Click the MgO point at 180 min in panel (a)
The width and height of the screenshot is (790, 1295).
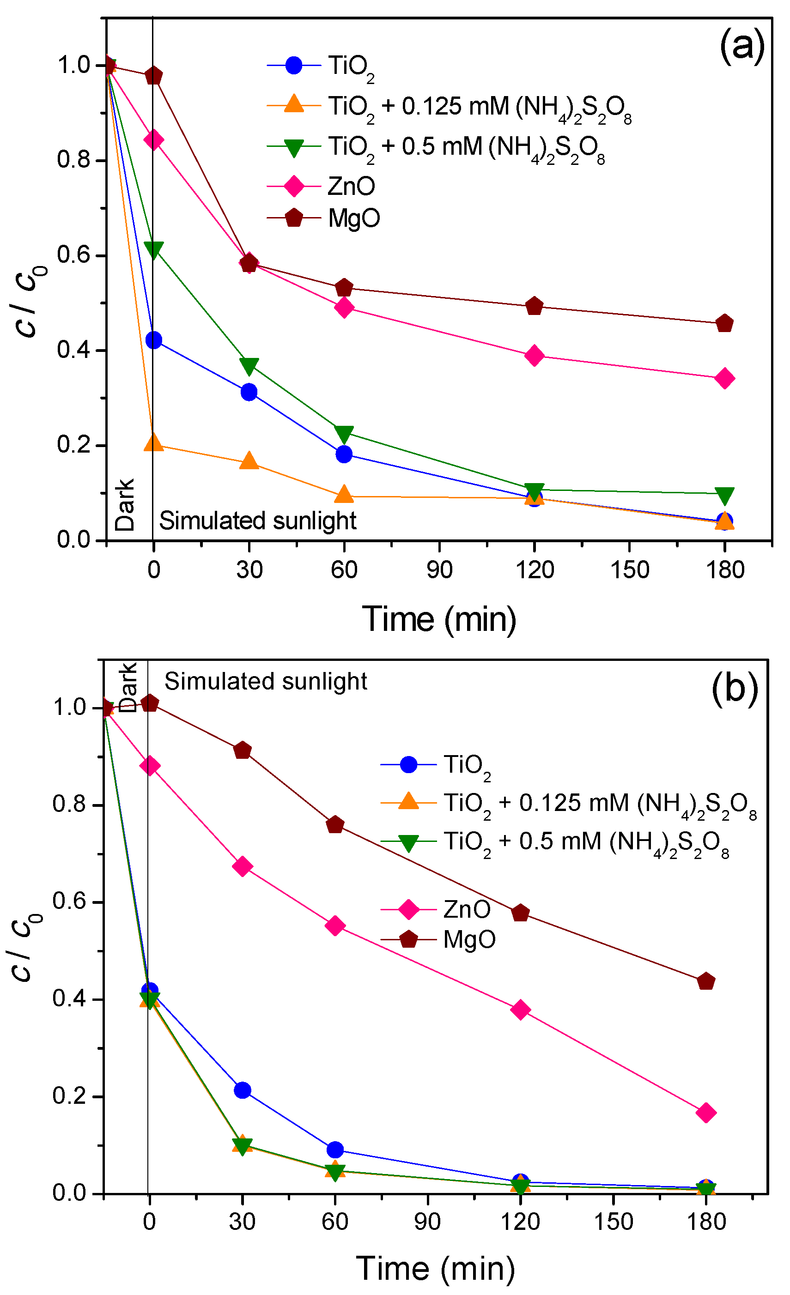(x=724, y=323)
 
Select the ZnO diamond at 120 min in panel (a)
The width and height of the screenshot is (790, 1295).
(x=534, y=356)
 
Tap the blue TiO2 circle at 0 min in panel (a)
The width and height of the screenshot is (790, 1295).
(x=153, y=340)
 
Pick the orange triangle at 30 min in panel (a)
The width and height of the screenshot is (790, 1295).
(x=249, y=461)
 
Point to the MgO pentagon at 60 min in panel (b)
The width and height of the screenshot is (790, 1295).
(x=335, y=825)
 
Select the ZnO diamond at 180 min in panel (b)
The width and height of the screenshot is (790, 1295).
(x=706, y=1113)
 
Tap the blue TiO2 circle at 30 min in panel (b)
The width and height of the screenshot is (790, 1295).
(x=242, y=1090)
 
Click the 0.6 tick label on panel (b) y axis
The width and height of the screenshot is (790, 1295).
(x=68, y=902)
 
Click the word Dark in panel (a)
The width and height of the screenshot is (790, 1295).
(x=125, y=504)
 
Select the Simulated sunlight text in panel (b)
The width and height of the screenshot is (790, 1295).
(x=266, y=681)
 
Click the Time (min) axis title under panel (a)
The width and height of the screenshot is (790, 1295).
(x=439, y=619)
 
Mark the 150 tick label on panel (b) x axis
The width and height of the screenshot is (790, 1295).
(x=613, y=1222)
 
